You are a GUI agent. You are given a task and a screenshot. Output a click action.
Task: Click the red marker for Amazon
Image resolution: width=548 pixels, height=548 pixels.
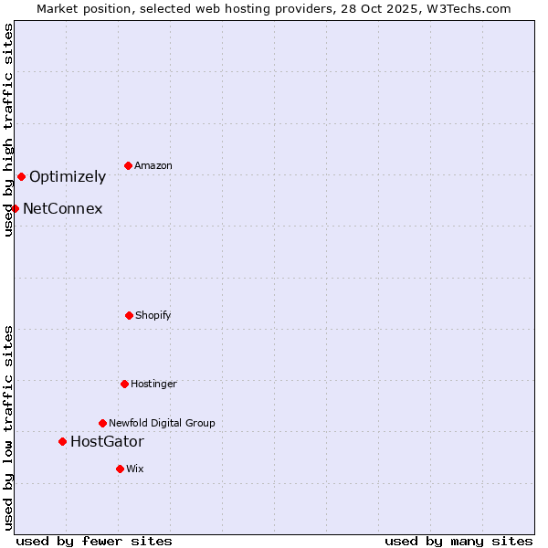click(128, 165)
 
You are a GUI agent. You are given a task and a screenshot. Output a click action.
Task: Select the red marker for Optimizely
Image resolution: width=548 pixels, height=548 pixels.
click(21, 176)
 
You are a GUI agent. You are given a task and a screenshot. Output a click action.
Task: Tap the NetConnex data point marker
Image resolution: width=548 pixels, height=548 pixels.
click(15, 208)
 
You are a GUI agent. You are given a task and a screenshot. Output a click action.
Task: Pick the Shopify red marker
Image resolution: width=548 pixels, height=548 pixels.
click(129, 315)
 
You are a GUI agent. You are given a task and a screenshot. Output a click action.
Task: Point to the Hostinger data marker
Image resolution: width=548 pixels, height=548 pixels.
click(124, 384)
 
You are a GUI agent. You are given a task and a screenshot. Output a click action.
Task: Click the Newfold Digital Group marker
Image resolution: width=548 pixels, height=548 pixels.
click(102, 423)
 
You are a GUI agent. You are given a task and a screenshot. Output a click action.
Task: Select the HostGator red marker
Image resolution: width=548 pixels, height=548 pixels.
click(62, 441)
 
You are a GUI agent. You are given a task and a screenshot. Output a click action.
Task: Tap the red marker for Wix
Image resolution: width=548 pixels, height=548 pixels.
click(120, 469)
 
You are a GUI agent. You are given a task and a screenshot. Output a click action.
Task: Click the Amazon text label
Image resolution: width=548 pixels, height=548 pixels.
click(153, 166)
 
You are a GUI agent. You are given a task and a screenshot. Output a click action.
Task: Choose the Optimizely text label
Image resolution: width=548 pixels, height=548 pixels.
click(68, 177)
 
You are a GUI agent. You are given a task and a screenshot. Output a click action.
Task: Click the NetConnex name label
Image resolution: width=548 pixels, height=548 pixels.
click(62, 209)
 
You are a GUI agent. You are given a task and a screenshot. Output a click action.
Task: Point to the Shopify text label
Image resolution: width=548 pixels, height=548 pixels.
click(153, 316)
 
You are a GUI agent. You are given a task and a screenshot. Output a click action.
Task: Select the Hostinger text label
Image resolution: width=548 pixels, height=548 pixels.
click(153, 385)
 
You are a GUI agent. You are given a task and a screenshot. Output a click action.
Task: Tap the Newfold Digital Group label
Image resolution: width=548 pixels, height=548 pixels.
click(162, 424)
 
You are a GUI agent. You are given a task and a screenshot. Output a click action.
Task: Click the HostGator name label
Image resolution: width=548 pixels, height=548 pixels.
click(107, 442)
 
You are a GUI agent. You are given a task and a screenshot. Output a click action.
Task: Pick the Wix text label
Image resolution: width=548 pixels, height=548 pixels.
click(135, 469)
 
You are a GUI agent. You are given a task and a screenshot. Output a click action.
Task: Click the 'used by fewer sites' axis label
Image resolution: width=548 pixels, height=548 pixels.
click(94, 542)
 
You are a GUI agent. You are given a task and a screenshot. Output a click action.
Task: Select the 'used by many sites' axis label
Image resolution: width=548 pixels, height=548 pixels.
click(458, 542)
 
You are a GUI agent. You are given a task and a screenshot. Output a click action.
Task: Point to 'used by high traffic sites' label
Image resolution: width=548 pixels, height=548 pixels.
click(8, 131)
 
